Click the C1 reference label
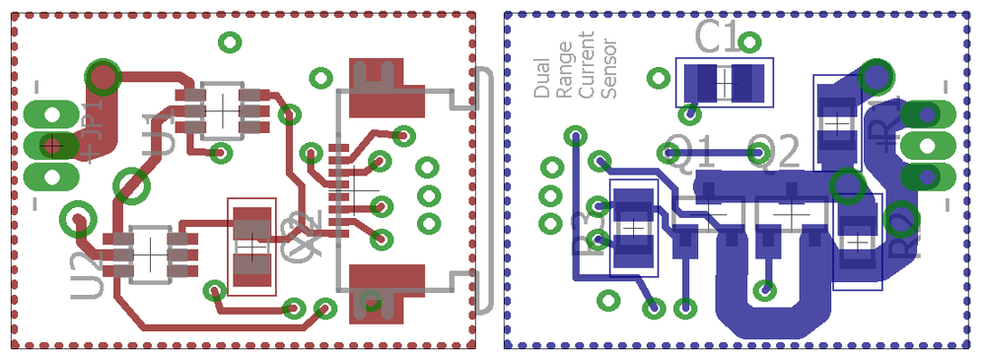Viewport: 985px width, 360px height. tap(717, 37)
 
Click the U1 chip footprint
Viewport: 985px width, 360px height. tap(222, 108)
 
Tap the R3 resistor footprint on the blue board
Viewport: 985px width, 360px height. tap(634, 230)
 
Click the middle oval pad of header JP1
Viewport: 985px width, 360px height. tap(50, 146)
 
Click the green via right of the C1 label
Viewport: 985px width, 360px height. tap(751, 42)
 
